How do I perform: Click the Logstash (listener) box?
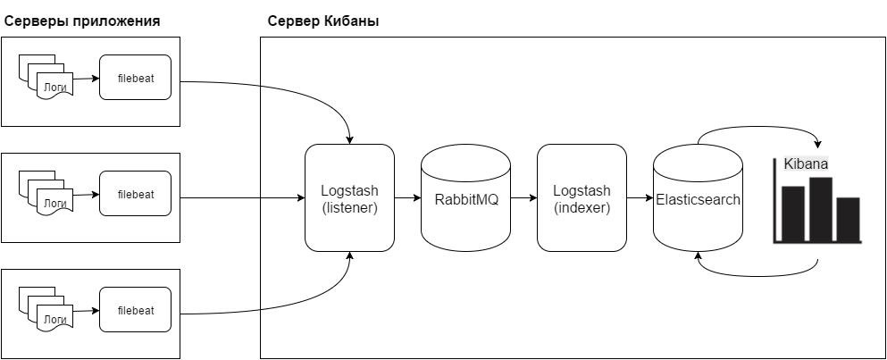pyautogui.click(x=349, y=197)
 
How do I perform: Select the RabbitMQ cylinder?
pyautogui.click(x=465, y=197)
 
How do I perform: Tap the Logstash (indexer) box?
pyautogui.click(x=582, y=197)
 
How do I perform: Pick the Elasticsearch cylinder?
pyautogui.click(x=698, y=198)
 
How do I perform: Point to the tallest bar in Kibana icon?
pyautogui.click(x=821, y=209)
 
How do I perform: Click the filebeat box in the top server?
pyautogui.click(x=136, y=79)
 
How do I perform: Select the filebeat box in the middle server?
pyautogui.click(x=136, y=194)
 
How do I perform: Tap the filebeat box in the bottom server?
pyautogui.click(x=136, y=310)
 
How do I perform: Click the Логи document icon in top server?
pyautogui.click(x=54, y=88)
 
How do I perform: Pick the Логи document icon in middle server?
pyautogui.click(x=54, y=204)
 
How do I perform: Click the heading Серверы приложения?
pyautogui.click(x=83, y=21)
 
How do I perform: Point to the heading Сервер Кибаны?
pyautogui.click(x=323, y=21)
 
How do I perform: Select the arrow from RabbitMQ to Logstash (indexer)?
pyautogui.click(x=523, y=197)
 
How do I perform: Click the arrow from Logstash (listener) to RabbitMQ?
pyautogui.click(x=407, y=197)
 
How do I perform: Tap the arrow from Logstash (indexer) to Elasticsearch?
pyautogui.click(x=640, y=197)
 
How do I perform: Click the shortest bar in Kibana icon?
pyautogui.click(x=849, y=219)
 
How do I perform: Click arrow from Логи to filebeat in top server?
pyautogui.click(x=86, y=79)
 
